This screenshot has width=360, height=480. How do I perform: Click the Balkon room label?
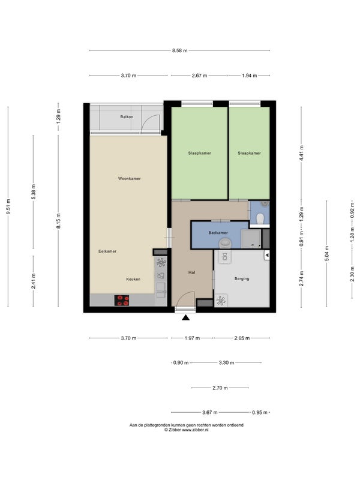[127, 116]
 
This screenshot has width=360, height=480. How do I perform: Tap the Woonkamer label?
[129, 178]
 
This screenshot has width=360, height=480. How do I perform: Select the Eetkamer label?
[107, 251]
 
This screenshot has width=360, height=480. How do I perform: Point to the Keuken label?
[133, 279]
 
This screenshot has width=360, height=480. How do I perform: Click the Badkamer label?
[218, 233]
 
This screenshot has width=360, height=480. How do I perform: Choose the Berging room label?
[242, 278]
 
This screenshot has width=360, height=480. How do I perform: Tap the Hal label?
[192, 272]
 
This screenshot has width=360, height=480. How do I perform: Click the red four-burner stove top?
[122, 301]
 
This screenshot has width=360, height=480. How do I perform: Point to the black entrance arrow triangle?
[185, 318]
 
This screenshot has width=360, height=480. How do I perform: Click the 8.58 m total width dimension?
[179, 50]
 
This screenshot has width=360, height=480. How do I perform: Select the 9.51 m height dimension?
[8, 206]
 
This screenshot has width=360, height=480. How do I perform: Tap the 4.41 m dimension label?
[301, 154]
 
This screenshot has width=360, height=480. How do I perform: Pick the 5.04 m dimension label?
[326, 253]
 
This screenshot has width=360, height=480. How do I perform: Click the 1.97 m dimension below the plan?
[192, 338]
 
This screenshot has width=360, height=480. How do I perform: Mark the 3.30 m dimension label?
[227, 363]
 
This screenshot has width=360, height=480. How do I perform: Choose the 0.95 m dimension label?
[260, 413]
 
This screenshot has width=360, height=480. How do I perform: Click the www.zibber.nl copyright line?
[187, 430]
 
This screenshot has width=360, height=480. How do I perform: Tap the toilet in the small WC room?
[260, 218]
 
